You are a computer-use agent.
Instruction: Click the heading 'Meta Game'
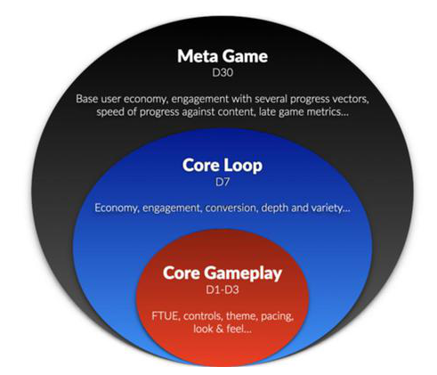tap(223, 56)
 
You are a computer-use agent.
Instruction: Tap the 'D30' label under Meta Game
tap(223, 73)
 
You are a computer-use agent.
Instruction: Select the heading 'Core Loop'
tap(223, 166)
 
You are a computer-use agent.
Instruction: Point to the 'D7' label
tap(223, 182)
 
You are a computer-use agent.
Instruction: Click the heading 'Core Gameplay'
tap(223, 273)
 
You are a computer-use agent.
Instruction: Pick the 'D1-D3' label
tap(223, 289)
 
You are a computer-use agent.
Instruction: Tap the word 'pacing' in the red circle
tap(277, 316)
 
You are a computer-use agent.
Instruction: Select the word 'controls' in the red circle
tap(203, 315)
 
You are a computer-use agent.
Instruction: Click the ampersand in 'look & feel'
tap(220, 329)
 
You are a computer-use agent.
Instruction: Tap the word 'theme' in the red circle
tap(242, 315)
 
